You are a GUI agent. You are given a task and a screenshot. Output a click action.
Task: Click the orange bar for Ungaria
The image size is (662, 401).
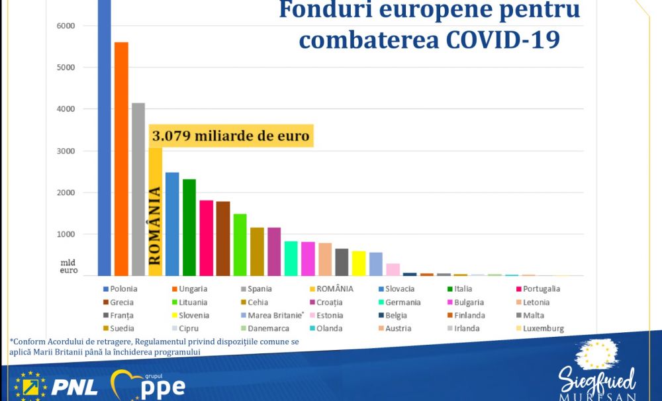pyautogui.click(x=121, y=159)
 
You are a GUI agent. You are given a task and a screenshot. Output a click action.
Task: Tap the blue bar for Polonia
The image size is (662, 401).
pyautogui.click(x=104, y=132)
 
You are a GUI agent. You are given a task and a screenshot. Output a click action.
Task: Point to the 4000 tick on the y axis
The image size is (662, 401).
pyautogui.click(x=66, y=109)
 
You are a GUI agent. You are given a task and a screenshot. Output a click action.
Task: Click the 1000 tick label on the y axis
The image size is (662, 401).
pyautogui.click(x=66, y=234)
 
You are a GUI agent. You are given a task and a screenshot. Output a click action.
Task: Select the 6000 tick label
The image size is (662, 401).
pyautogui.click(x=66, y=26)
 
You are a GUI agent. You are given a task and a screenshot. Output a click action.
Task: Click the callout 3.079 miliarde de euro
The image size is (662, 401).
pyautogui.click(x=231, y=137)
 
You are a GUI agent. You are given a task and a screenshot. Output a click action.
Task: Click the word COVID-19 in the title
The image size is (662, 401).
pyautogui.click(x=502, y=40)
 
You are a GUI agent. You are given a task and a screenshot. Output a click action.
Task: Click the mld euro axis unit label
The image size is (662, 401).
pyautogui.click(x=68, y=267)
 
